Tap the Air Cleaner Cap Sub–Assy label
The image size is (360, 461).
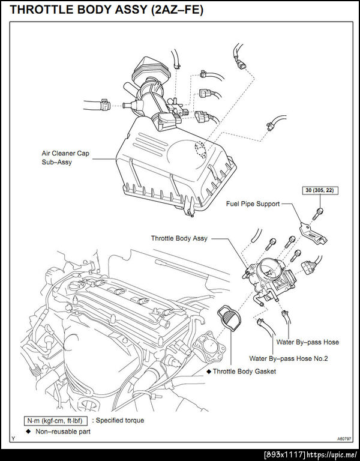[67, 157]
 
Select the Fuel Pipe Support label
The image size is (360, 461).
[253, 204]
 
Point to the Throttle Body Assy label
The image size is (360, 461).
[179, 238]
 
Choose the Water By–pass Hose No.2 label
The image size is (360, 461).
[289, 358]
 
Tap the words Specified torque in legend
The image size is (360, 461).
[120, 420]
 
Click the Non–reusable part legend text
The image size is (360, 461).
[63, 431]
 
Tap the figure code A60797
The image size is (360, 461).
[344, 439]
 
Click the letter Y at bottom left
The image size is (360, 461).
[13, 439]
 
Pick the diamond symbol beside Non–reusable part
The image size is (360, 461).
[28, 431]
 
